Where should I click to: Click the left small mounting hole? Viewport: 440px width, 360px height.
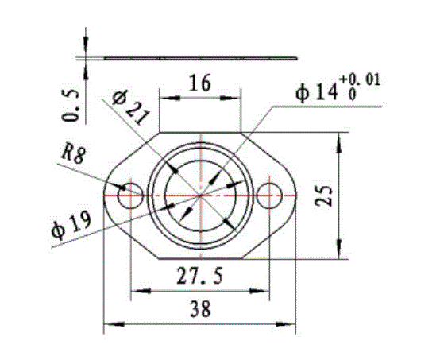pyautogui.click(x=129, y=193)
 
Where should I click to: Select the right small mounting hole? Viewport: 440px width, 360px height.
pyautogui.click(x=270, y=193)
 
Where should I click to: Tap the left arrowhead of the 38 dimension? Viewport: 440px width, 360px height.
pyautogui.click(x=111, y=324)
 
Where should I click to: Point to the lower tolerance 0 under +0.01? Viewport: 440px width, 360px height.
pyautogui.click(x=350, y=95)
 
